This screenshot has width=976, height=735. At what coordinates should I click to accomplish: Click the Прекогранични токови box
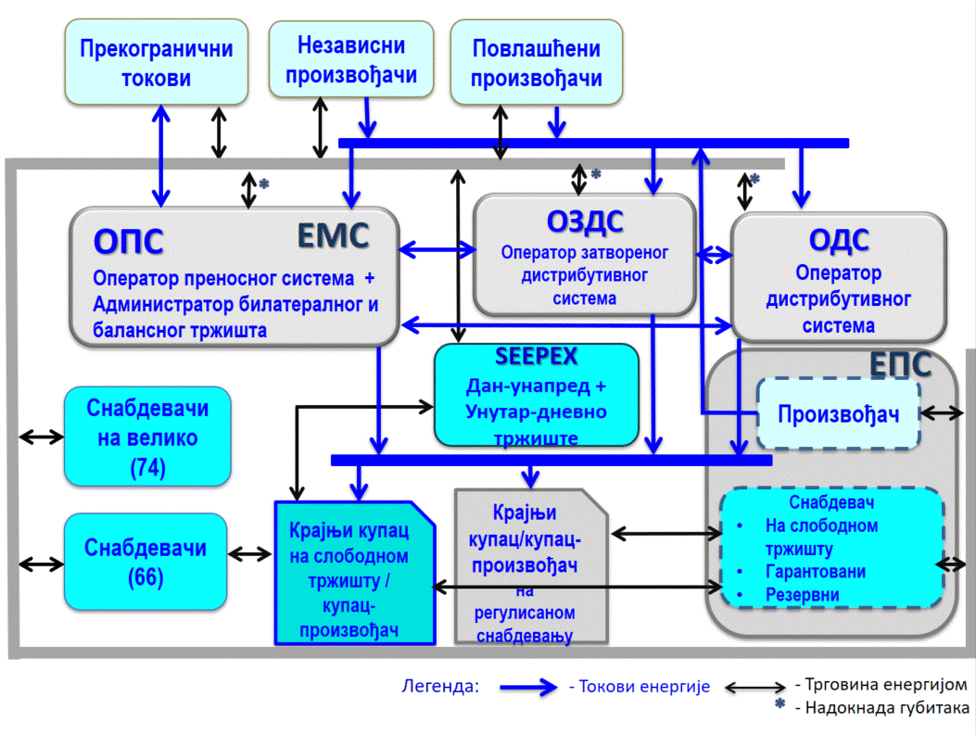tap(157, 63)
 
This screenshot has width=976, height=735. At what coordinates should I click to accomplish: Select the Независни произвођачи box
tap(351, 59)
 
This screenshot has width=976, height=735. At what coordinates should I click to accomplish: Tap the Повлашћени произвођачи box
tap(536, 63)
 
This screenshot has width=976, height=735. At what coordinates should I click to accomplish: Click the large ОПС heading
tap(129, 240)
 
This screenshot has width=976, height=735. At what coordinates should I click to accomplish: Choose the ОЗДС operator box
tap(584, 254)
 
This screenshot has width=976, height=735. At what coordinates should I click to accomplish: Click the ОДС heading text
tap(839, 240)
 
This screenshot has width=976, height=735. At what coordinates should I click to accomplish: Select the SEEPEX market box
tap(537, 394)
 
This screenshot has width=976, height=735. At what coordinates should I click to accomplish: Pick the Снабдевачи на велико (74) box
tap(147, 437)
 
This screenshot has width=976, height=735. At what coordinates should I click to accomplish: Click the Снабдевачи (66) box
tap(147, 562)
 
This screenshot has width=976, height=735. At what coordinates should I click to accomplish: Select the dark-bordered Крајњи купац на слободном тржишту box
tap(355, 572)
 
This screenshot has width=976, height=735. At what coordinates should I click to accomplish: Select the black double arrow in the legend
tap(756, 687)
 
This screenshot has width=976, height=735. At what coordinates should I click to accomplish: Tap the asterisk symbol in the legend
tap(780, 707)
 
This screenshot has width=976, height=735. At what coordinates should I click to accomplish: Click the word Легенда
tap(440, 687)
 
